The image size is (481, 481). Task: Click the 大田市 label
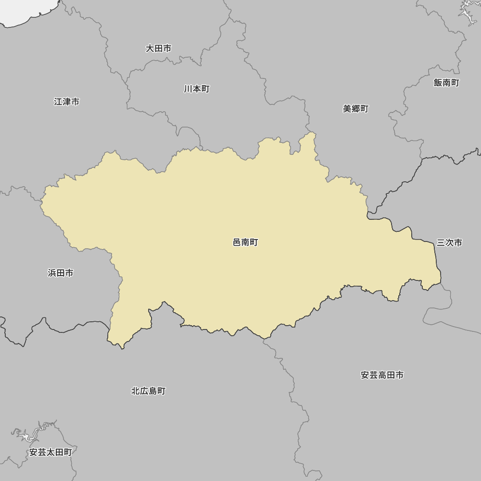(158, 49)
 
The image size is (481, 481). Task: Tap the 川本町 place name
(197, 89)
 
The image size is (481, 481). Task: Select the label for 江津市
(66, 102)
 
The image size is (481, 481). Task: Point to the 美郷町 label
(355, 109)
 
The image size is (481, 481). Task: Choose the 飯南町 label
(446, 83)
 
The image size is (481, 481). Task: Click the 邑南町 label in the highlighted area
(245, 242)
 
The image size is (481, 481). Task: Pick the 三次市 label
(449, 243)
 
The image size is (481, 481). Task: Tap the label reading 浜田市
(61, 273)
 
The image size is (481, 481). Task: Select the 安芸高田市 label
(382, 375)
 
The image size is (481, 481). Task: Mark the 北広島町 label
(148, 391)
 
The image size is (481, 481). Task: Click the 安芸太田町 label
(51, 452)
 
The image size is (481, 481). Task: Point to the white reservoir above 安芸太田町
(29, 436)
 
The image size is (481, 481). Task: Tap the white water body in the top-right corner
(468, 12)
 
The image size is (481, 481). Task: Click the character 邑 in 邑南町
(237, 242)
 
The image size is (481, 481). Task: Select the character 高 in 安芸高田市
(382, 375)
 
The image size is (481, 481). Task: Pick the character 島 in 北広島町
(152, 391)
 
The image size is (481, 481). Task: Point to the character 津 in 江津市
(66, 102)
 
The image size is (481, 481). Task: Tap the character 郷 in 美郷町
(355, 109)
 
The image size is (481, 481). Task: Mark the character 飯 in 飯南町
(438, 83)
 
